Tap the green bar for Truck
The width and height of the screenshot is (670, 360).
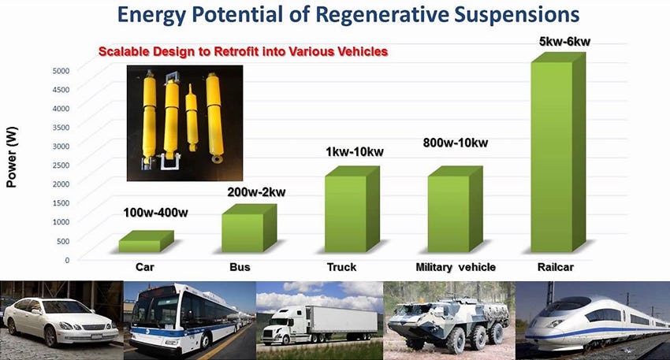tap(352, 210)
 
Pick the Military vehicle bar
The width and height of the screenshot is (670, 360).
tap(455, 210)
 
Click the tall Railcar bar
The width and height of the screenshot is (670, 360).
tap(558, 153)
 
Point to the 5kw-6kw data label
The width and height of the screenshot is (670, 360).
tap(564, 42)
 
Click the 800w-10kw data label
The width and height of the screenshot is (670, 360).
tap(456, 143)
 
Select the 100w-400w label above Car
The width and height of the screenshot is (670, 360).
tap(155, 213)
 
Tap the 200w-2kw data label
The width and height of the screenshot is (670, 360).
tap(256, 192)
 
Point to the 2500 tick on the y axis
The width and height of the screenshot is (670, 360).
tap(61, 165)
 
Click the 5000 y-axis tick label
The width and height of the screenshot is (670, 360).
tap(61, 70)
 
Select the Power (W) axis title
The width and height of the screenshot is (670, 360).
tap(12, 157)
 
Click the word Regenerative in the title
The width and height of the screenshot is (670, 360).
tap(382, 14)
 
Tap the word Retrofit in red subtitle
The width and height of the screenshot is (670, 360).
tap(234, 52)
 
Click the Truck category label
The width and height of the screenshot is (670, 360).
tap(341, 267)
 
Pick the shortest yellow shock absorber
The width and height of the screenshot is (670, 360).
tap(192, 117)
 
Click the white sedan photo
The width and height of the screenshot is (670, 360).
tap(61, 321)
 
